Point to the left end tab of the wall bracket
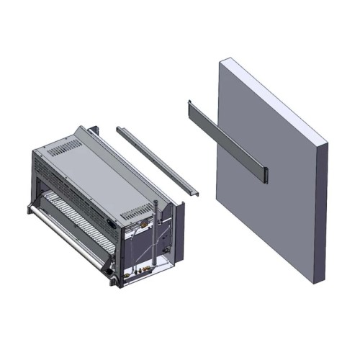189,107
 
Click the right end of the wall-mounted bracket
264,173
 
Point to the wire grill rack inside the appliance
72,216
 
